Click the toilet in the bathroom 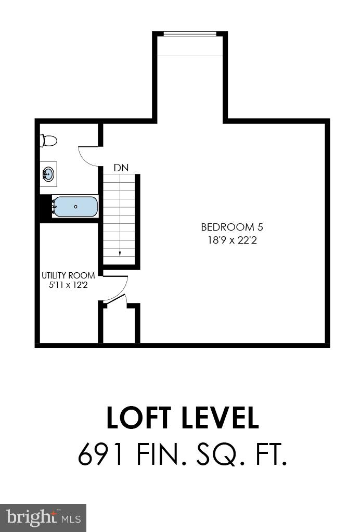coord(49,141)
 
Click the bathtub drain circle coord(76,207)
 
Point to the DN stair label coord(121,168)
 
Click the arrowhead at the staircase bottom coord(120,254)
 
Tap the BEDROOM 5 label coord(228,227)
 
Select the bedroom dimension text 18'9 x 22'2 coord(228,240)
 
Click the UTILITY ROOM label coord(68,275)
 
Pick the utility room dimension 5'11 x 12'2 coord(68,285)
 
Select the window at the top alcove coord(190,34)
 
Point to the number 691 coord(104,455)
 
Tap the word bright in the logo coord(32,517)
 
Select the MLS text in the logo coord(71,518)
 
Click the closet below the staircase coord(120,325)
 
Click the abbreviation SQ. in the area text coord(218,455)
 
